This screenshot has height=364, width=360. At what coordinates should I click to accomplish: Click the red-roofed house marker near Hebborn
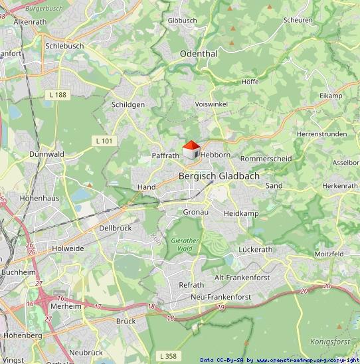point(191,150)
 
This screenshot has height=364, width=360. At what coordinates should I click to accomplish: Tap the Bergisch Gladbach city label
point(219,176)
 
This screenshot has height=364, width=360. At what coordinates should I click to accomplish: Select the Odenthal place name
point(199,53)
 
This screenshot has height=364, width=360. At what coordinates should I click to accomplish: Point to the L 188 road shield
point(58,95)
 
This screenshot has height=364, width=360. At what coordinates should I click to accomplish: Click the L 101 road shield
point(104,140)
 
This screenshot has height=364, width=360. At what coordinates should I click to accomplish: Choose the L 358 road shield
point(169,356)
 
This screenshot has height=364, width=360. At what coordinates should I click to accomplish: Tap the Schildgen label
point(128,105)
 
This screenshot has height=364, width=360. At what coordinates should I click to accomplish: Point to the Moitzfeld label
point(329,254)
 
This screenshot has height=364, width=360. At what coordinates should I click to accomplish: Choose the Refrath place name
point(191,284)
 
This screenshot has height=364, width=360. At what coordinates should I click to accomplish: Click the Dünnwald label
point(46,153)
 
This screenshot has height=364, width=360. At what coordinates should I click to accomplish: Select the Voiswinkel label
point(211,104)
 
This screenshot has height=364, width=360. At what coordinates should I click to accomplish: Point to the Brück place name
point(126,321)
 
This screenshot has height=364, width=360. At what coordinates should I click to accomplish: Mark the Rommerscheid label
point(266,159)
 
